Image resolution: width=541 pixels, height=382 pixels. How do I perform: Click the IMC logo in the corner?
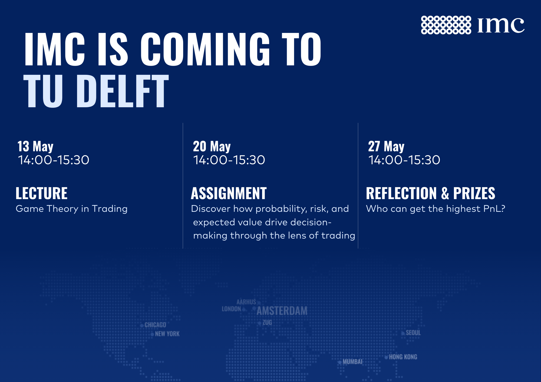[473, 25]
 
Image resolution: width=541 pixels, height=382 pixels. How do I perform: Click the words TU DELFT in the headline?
[96, 91]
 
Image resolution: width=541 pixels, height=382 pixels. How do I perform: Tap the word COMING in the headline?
[205, 49]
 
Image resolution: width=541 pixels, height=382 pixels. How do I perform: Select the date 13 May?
[35, 147]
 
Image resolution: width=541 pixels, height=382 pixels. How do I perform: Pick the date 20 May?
[212, 147]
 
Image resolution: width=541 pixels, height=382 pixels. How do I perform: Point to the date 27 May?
[386, 147]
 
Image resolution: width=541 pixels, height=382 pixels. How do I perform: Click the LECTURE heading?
[41, 193]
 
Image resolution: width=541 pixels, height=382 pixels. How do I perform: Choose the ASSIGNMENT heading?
[229, 193]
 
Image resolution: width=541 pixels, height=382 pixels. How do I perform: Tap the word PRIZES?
[474, 193]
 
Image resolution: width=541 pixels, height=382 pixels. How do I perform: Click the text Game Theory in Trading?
[72, 209]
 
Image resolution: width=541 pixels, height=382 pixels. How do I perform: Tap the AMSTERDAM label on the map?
[282, 311]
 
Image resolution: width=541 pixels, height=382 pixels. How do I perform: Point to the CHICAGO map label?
[155, 325]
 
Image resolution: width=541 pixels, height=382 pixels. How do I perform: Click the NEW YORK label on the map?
[167, 334]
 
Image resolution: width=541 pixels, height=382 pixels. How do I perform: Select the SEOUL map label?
[413, 333]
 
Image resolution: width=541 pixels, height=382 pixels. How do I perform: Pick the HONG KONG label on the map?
[403, 357]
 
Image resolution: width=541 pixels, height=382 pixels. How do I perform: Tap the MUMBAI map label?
[352, 362]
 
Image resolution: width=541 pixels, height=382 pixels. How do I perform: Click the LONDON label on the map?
[231, 309]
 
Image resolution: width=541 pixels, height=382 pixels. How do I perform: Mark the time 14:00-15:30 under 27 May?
[404, 160]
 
